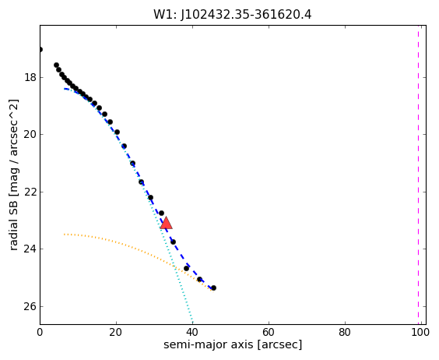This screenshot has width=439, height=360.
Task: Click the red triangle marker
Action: (x=166, y=223)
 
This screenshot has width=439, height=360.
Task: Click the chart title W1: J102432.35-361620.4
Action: (x=233, y=15)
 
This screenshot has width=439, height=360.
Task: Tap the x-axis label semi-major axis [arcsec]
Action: (x=233, y=344)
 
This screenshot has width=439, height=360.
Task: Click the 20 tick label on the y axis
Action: (x=30, y=135)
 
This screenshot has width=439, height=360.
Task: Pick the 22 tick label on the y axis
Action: (x=30, y=192)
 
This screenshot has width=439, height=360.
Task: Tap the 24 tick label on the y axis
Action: (x=30, y=249)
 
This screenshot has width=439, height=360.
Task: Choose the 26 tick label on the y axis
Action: (x=30, y=306)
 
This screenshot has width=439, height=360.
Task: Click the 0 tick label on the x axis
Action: (x=40, y=332)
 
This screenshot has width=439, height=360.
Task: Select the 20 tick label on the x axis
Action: (x=116, y=332)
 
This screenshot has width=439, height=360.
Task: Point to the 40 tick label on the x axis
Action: (x=192, y=332)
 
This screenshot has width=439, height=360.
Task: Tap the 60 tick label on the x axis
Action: (x=269, y=332)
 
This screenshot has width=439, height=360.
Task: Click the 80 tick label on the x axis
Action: (x=345, y=332)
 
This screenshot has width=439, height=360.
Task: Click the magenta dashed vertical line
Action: (x=419, y=175)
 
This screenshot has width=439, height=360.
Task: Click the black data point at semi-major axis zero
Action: (x=40, y=50)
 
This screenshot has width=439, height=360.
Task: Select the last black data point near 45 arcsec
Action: (x=213, y=288)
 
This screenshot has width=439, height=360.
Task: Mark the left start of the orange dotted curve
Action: (x=65, y=234)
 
